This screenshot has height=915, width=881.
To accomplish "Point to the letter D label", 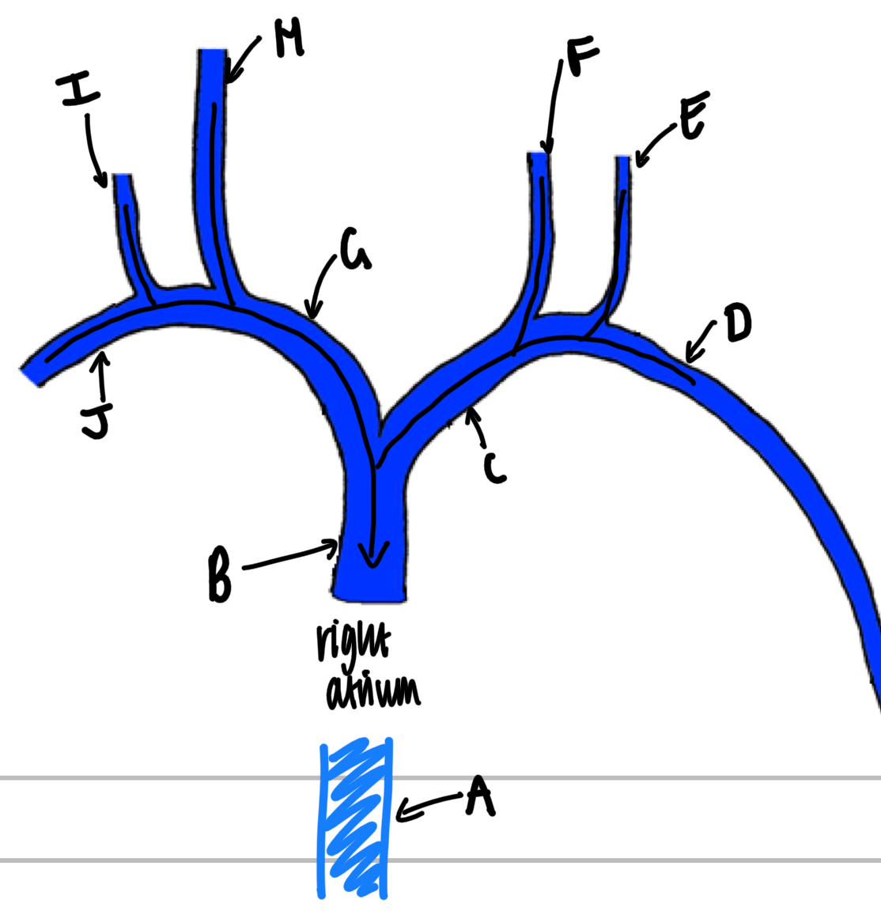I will [x=737, y=324].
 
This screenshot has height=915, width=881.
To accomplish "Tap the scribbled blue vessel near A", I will [x=354, y=819].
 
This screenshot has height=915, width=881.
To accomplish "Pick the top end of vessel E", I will [x=623, y=161].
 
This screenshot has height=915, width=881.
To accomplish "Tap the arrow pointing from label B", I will [x=289, y=557].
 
